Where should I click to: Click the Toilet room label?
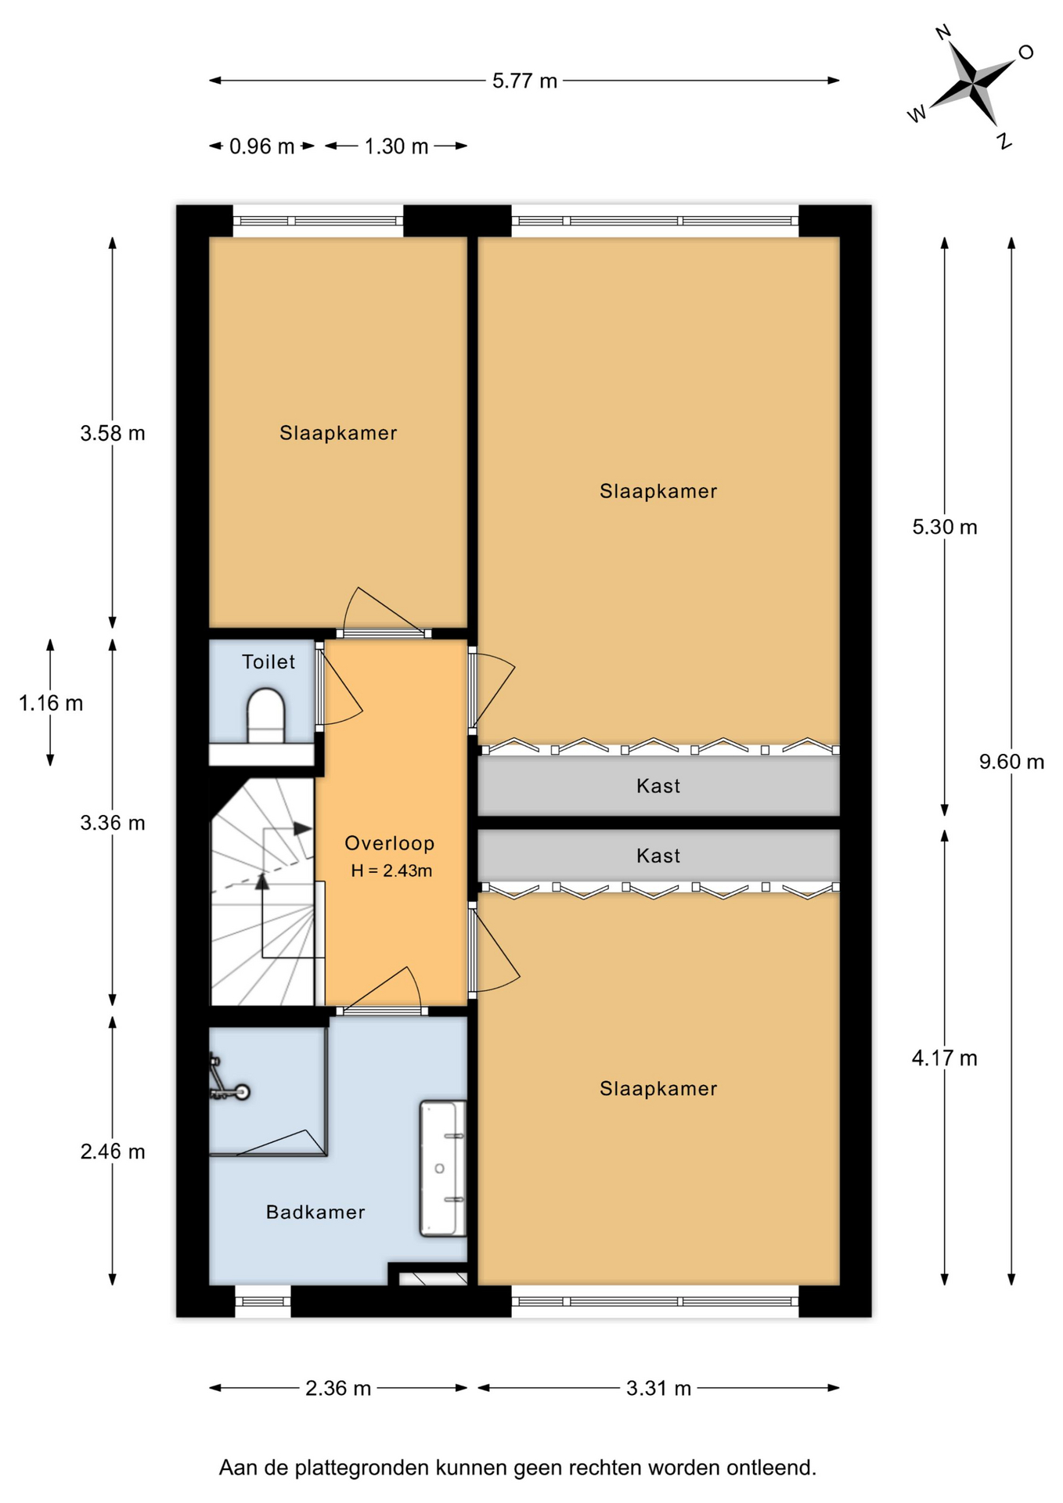coord(268,661)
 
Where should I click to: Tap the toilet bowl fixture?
coord(266,715)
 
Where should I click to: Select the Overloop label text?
coord(390,843)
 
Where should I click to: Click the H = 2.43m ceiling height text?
coord(391,870)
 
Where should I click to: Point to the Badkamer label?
coord(315,1212)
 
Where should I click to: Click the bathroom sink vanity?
coord(443,1168)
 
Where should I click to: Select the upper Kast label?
coord(658,785)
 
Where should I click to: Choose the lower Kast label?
coord(658,856)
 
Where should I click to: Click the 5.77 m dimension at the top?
coord(524,81)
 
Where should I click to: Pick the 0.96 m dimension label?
coord(261,146)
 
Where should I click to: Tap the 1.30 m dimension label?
coord(396,146)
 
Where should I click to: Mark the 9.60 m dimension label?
coord(1011,761)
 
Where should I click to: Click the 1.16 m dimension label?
coord(51,703)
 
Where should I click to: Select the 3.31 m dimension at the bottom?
coord(658,1388)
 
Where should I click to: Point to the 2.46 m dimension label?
coord(113,1152)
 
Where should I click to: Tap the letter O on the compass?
coord(1025,52)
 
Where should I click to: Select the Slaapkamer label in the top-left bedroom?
coord(338,433)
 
